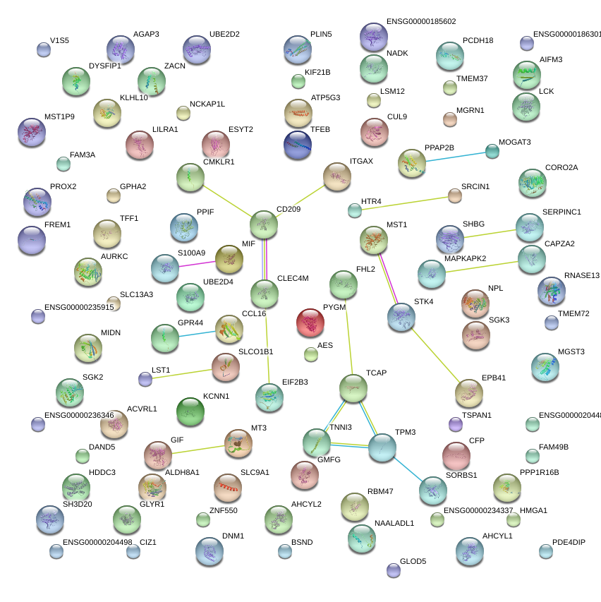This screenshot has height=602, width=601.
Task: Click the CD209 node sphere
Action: [264, 224]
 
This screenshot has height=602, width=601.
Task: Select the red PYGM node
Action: [310, 323]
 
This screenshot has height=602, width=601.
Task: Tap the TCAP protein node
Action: [353, 388]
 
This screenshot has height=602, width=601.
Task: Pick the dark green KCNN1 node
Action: [190, 412]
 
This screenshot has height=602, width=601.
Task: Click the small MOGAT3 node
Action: [492, 151]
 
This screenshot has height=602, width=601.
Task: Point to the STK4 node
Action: [401, 318]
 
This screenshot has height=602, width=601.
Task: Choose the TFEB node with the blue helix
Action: [297, 145]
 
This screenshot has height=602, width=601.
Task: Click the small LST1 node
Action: [145, 379]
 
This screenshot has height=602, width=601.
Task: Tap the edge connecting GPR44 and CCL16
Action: [197, 334]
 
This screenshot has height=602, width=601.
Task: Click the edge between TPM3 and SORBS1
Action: [407, 467]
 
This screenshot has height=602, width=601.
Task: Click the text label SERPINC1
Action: [561, 212]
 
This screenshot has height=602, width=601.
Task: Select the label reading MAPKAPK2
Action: [466, 258]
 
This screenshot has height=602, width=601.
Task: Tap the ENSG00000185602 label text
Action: [421, 22]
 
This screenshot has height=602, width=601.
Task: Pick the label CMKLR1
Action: [219, 162]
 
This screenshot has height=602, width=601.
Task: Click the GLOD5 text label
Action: [413, 562]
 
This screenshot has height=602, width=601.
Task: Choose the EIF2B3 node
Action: [269, 397]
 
